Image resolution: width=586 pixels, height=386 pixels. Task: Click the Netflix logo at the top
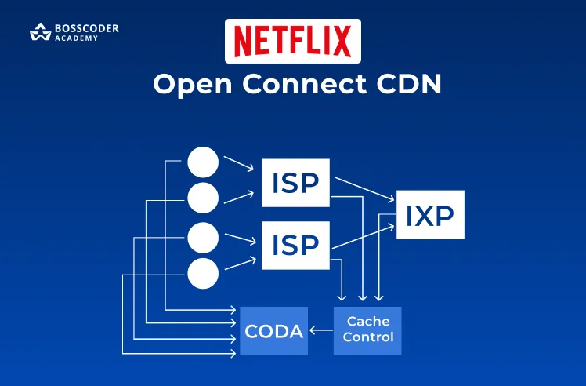click(292, 41)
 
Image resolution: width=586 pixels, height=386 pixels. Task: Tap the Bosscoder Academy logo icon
click(40, 33)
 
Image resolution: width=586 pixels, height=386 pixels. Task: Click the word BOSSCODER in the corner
click(86, 29)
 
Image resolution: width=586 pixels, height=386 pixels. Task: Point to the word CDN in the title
click(409, 84)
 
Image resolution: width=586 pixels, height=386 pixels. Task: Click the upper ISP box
click(295, 183)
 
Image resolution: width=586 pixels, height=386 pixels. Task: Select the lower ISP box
click(295, 245)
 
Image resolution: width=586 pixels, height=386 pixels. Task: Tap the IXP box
click(430, 214)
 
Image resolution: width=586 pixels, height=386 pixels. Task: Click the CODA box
click(273, 330)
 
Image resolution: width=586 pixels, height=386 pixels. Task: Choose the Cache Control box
click(367, 330)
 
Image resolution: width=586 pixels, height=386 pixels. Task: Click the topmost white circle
click(203, 163)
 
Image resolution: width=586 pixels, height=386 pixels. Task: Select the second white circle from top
click(203, 198)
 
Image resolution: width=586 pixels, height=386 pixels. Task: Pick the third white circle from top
click(203, 238)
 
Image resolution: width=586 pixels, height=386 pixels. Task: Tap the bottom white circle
click(203, 272)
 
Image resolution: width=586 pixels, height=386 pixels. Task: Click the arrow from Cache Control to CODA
click(320, 330)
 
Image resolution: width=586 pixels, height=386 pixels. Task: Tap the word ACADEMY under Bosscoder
click(77, 38)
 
